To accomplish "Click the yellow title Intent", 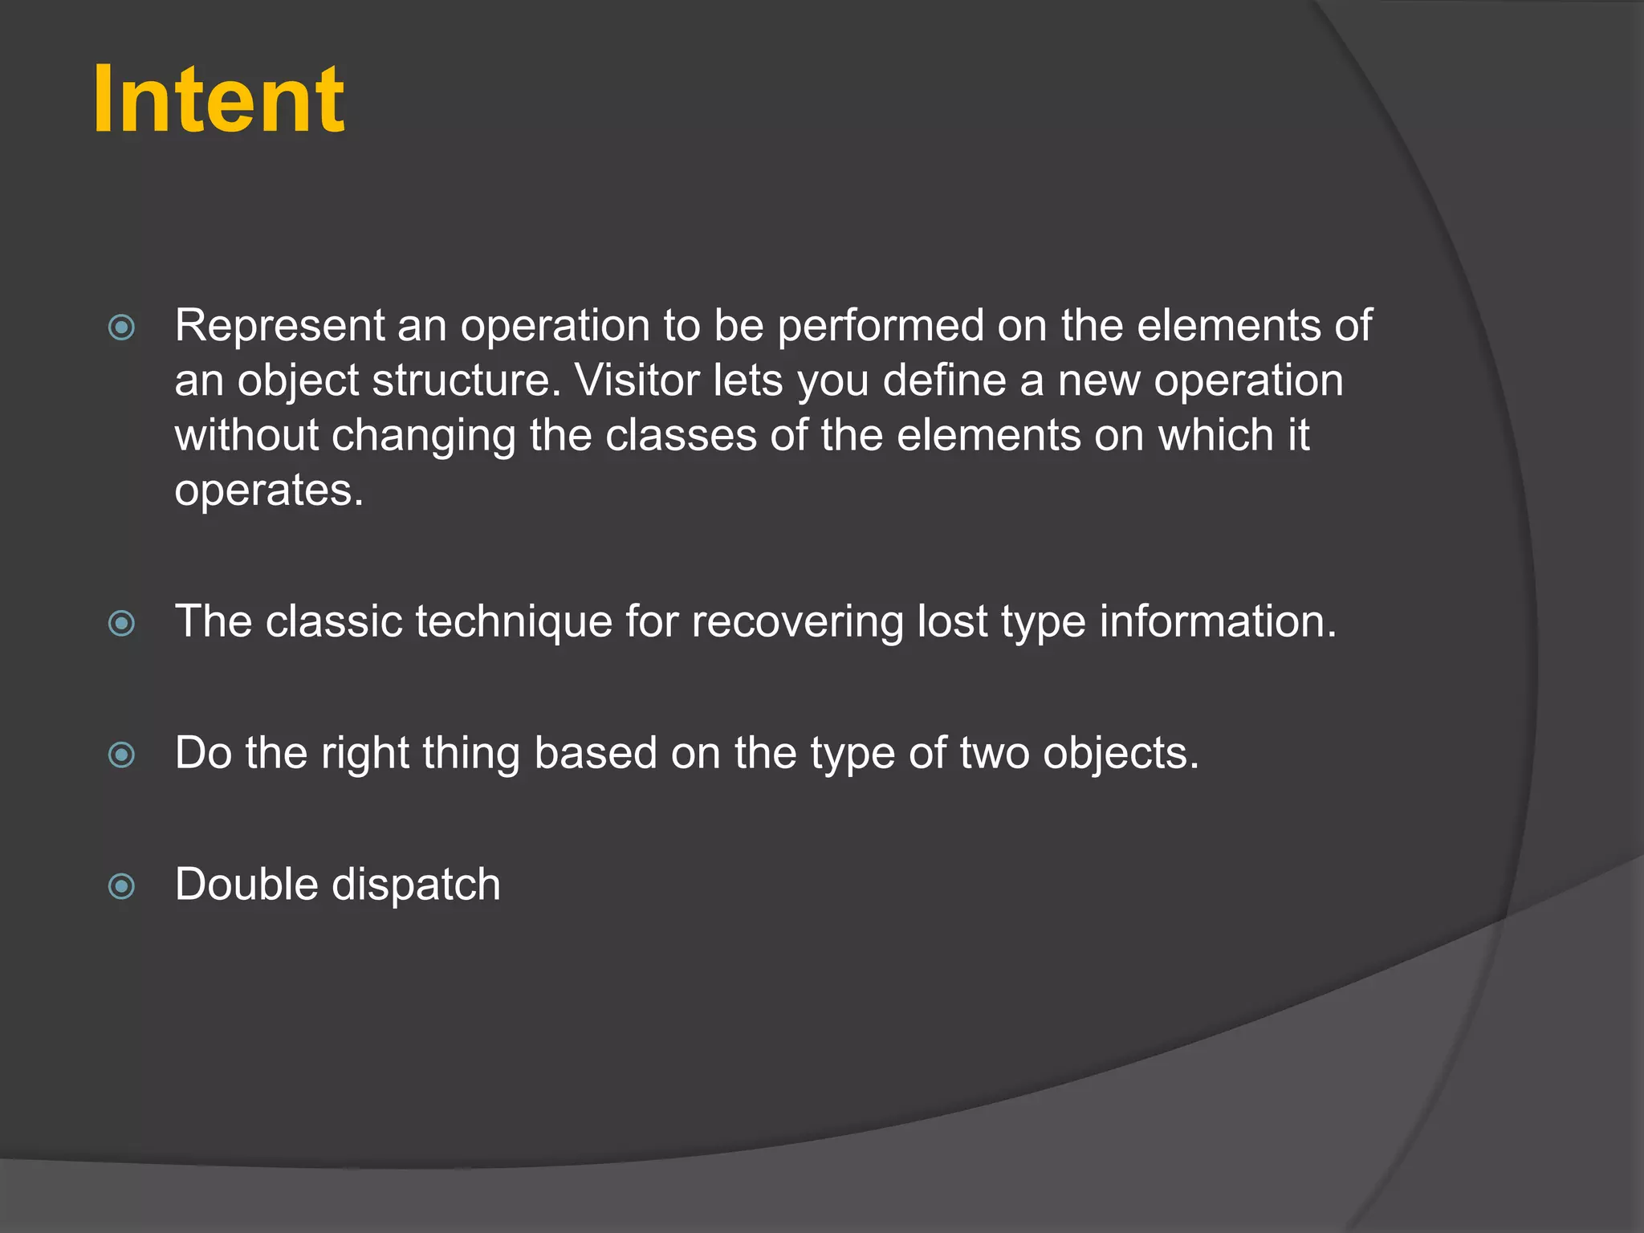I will pos(218,100).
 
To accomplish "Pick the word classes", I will pos(681,436).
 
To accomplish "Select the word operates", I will pos(269,490).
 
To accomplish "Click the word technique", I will pos(514,622).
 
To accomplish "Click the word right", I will pos(365,754).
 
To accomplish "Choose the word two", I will pos(995,754).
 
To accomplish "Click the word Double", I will pos(247,885).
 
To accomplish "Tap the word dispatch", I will pos(417,885).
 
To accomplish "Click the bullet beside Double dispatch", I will pos(122,886).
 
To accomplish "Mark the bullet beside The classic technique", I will pos(122,623).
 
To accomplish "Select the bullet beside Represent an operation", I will pos(122,328).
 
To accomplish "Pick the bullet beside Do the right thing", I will pos(122,755).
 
